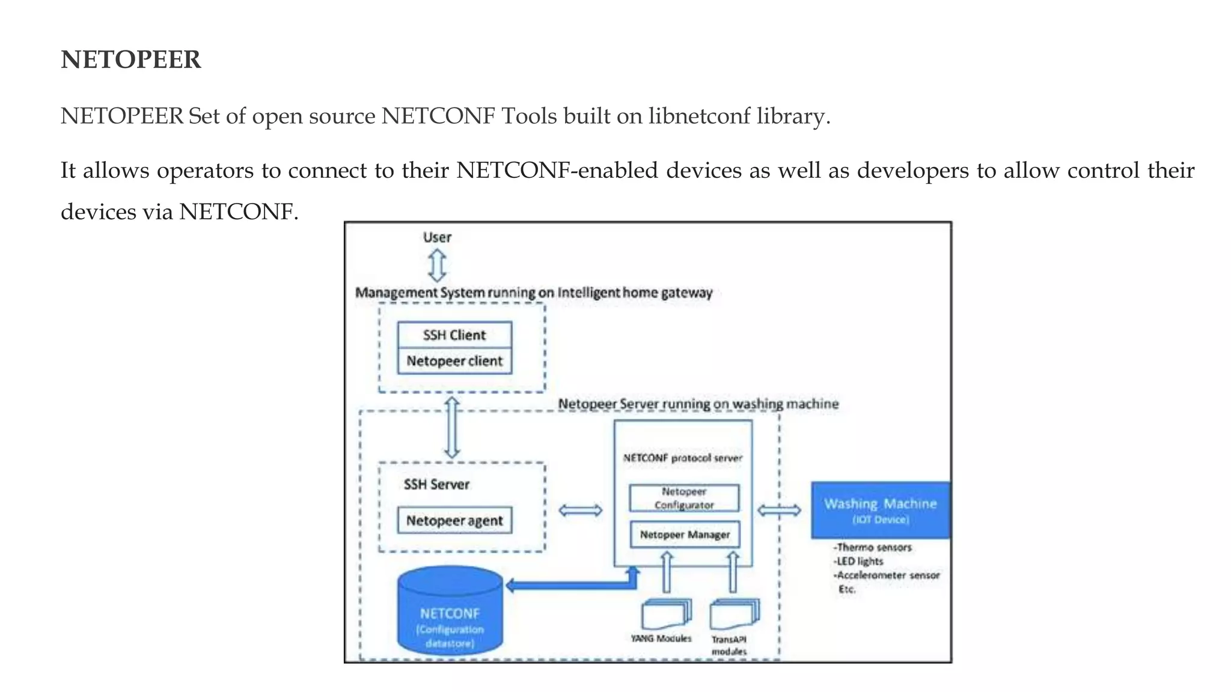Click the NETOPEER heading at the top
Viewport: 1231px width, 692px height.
click(x=130, y=59)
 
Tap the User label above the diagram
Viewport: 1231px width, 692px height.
click(x=437, y=237)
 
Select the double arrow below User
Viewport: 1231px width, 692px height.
click(x=437, y=266)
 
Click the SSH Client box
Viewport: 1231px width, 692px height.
click(x=454, y=335)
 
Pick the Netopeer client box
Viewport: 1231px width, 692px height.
click(x=454, y=361)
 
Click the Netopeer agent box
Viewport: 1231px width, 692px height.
click(x=454, y=520)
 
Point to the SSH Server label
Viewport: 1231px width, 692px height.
click(x=436, y=484)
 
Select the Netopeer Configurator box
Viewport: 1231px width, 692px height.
click(x=684, y=498)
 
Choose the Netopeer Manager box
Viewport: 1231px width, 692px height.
click(x=685, y=534)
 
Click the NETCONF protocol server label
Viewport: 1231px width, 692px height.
click(x=683, y=458)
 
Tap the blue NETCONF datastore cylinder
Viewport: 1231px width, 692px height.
click(x=450, y=613)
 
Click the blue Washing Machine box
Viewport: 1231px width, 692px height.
click(x=880, y=509)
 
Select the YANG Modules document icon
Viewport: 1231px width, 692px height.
click(x=665, y=614)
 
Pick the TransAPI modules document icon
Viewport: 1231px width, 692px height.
click(x=733, y=614)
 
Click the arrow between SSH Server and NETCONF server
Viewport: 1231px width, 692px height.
click(x=580, y=511)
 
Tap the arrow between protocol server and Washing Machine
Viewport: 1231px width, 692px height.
click(x=779, y=511)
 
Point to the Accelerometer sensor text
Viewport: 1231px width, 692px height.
click(x=888, y=575)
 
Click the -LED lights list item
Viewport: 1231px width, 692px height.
click(x=858, y=561)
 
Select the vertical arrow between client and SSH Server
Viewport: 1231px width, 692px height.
click(x=452, y=428)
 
